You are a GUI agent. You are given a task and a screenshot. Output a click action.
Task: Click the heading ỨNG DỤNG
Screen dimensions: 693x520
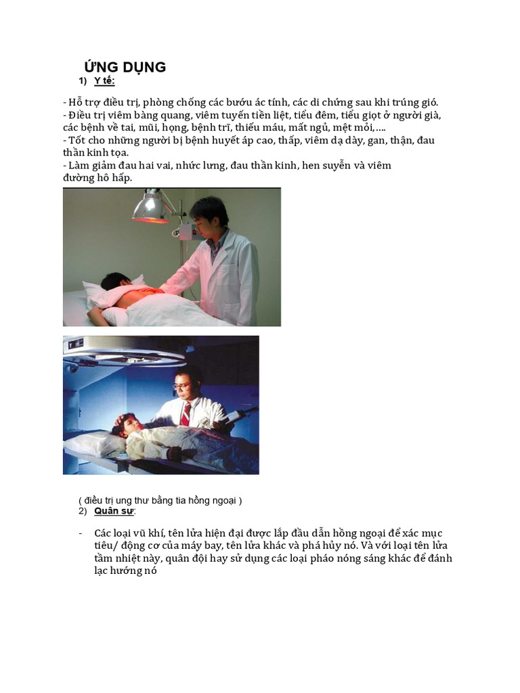(125, 66)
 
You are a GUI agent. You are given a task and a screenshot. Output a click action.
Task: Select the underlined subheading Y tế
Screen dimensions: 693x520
(104, 82)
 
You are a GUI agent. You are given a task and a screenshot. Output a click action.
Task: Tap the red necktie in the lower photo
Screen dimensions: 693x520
(186, 413)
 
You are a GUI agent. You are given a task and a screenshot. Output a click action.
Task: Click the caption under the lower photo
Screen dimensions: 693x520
(160, 500)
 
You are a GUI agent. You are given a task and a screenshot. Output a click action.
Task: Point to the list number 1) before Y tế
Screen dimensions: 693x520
(83, 82)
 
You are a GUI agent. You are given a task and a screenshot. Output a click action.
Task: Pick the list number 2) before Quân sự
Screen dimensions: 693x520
(83, 511)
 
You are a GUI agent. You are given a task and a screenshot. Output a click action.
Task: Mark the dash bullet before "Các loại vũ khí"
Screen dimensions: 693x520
(81, 533)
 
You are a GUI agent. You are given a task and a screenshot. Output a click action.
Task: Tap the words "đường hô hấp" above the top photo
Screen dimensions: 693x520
(97, 178)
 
